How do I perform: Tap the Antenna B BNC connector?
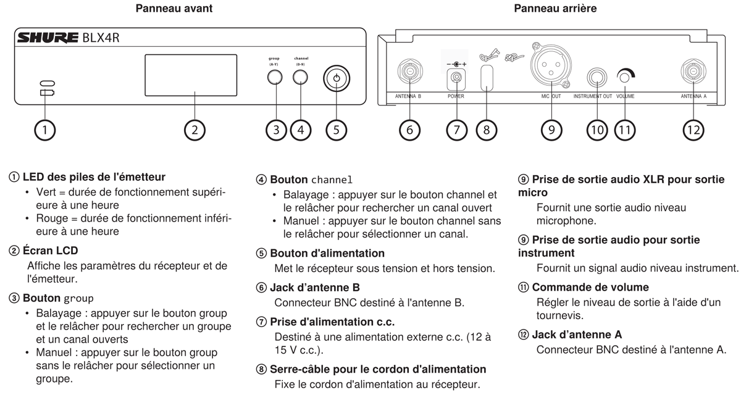409,72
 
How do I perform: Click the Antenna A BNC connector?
693,72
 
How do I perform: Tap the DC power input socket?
456,77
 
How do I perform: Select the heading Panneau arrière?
555,9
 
